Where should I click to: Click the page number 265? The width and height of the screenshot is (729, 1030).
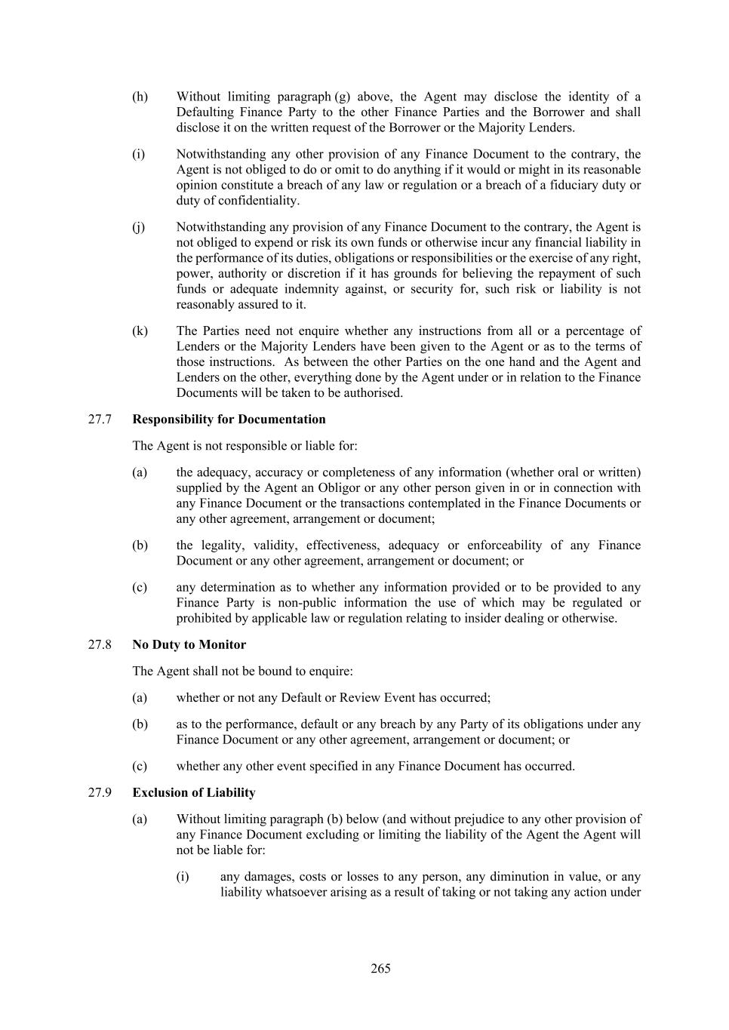[380, 968]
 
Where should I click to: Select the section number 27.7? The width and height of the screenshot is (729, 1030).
[100, 420]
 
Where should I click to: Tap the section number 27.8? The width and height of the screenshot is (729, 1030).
[100, 644]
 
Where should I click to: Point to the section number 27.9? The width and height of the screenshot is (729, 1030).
[100, 792]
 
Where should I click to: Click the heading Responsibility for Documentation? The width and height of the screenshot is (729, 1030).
[229, 420]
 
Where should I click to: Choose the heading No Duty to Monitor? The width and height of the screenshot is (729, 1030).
[189, 644]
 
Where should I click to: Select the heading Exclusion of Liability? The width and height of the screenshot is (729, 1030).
[193, 792]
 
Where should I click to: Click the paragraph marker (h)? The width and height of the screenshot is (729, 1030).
[140, 97]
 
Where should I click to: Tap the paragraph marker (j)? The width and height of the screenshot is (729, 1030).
[139, 227]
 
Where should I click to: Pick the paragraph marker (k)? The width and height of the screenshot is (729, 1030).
[140, 331]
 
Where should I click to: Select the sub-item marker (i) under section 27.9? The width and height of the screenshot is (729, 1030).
[183, 877]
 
